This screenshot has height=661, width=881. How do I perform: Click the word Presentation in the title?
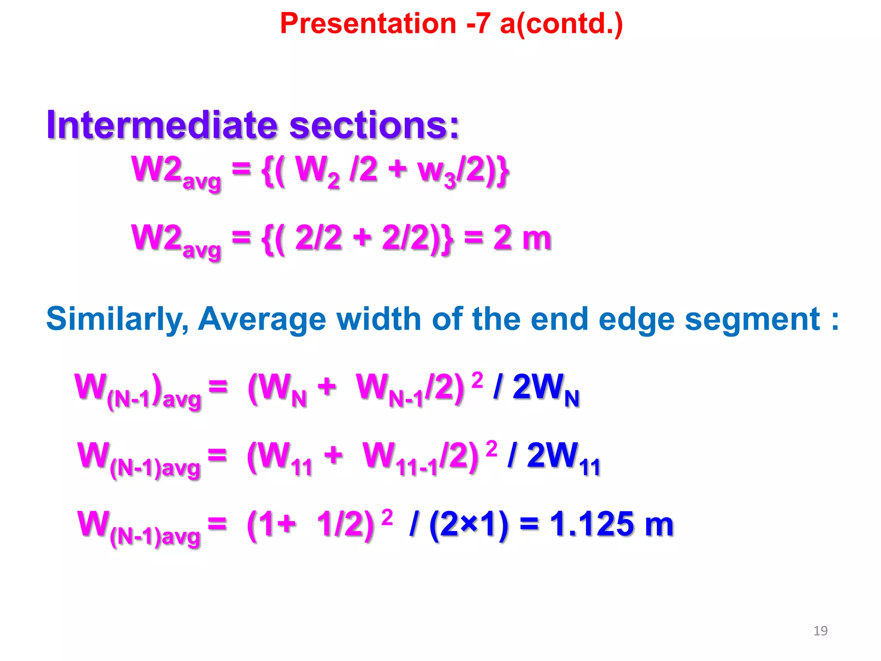click(x=368, y=24)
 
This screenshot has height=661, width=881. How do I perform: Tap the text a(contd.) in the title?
click(x=561, y=24)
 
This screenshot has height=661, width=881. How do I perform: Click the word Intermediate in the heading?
click(x=161, y=125)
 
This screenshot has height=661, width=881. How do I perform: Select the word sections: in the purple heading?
click(x=374, y=125)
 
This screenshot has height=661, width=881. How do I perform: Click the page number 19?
click(x=820, y=631)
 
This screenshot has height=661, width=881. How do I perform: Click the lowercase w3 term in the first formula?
click(x=437, y=172)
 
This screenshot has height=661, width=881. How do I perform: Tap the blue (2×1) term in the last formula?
click(x=469, y=525)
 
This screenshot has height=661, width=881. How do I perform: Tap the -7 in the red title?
click(x=478, y=24)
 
